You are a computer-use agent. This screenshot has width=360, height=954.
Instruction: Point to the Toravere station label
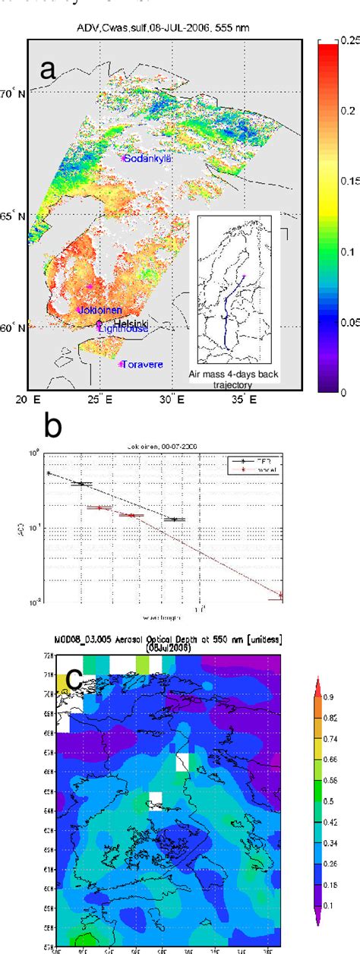click(142, 365)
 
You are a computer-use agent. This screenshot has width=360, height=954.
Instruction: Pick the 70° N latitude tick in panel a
click(14, 95)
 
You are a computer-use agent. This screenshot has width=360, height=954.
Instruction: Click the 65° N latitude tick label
click(14, 216)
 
